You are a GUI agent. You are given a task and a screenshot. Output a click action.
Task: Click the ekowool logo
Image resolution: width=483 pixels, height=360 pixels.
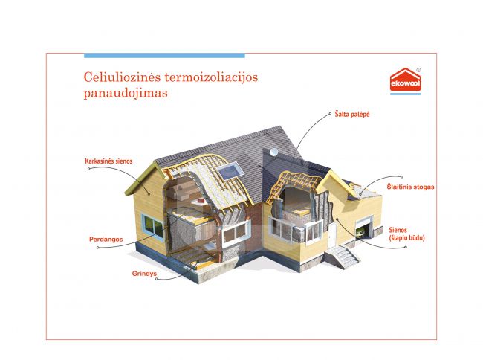(x=406, y=81)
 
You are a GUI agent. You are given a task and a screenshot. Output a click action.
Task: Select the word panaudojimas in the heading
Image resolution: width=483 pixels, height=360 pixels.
(x=126, y=93)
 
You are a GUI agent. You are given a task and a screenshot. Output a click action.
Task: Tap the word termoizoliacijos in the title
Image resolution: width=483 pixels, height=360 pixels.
(x=211, y=77)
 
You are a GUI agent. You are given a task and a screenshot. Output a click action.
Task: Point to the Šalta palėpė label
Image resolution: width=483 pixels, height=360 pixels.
(x=352, y=114)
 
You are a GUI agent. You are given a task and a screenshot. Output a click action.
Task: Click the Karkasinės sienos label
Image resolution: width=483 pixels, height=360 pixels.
(x=108, y=161)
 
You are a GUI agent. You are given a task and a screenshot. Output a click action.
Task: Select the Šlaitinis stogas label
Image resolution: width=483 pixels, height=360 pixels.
(x=410, y=187)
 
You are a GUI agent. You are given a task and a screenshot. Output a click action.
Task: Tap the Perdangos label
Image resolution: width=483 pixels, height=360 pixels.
(x=106, y=240)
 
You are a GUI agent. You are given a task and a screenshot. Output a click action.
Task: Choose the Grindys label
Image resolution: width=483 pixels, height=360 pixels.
(x=144, y=274)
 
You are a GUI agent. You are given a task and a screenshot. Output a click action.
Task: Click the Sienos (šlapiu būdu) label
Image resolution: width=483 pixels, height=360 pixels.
(x=406, y=234)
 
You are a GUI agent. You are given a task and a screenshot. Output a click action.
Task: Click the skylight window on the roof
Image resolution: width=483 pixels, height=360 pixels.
(x=229, y=170)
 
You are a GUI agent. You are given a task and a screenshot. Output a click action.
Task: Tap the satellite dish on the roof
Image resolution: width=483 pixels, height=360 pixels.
(x=273, y=152)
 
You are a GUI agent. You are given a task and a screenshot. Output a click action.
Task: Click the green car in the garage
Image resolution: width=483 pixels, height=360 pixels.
(x=360, y=233)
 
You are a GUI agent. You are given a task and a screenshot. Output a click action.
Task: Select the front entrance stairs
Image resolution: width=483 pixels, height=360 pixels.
(x=343, y=257)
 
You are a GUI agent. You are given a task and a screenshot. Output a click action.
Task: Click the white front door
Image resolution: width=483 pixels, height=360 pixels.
(x=332, y=236)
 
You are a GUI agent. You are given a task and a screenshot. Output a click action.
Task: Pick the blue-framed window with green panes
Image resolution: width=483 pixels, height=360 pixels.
(x=152, y=227)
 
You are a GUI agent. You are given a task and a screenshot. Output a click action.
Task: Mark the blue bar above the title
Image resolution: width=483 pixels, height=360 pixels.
(x=164, y=56)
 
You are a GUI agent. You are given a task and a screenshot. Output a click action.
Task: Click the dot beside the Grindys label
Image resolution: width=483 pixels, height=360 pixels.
(x=157, y=279)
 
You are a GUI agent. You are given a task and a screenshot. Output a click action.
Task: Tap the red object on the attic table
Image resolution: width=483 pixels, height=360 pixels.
(x=200, y=201)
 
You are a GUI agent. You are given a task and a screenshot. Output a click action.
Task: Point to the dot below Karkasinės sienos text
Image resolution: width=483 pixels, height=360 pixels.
(x=88, y=169)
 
